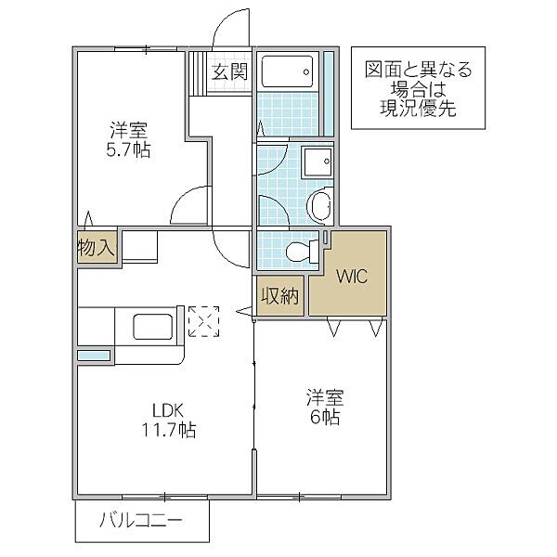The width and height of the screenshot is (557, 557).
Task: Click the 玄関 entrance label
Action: (228, 72)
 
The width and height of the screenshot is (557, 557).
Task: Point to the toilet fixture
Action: (298, 251)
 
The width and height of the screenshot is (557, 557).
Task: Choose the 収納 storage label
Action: (279, 297)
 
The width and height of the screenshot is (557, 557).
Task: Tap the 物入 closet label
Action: (96, 248)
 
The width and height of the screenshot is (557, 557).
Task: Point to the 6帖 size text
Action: (324, 418)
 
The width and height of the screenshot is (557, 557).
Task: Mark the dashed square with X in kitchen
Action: (202, 320)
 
